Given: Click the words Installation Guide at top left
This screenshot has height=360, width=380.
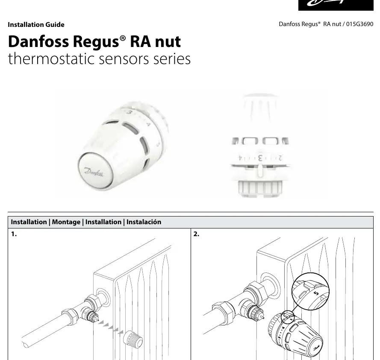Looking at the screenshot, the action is pyautogui.click(x=36, y=25).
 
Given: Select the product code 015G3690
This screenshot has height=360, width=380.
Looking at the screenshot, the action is pyautogui.click(x=359, y=24).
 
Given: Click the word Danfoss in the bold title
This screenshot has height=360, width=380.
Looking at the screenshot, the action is pyautogui.click(x=38, y=41).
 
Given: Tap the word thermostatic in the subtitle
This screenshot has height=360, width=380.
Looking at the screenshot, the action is pyautogui.click(x=51, y=59).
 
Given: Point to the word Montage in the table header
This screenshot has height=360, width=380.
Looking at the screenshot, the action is pyautogui.click(x=66, y=222).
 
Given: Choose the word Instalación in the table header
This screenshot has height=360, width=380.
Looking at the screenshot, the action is pyautogui.click(x=144, y=222).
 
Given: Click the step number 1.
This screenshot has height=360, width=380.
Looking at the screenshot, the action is pyautogui.click(x=14, y=234).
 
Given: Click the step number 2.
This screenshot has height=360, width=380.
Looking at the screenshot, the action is pyautogui.click(x=196, y=234).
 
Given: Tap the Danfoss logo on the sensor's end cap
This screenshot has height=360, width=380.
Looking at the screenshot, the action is pyautogui.click(x=94, y=172).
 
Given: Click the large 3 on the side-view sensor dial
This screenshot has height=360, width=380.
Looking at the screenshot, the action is pyautogui.click(x=260, y=158).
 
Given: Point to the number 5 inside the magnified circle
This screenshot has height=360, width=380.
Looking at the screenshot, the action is pyautogui.click(x=316, y=293).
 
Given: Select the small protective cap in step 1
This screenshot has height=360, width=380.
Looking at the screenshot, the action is pyautogui.click(x=133, y=339).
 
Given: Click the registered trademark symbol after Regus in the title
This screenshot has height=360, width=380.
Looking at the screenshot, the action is pyautogui.click(x=123, y=38).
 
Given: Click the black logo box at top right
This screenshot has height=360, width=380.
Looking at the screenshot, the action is pyautogui.click(x=336, y=5).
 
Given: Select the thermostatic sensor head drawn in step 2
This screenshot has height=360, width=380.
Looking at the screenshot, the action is pyautogui.click(x=295, y=334).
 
